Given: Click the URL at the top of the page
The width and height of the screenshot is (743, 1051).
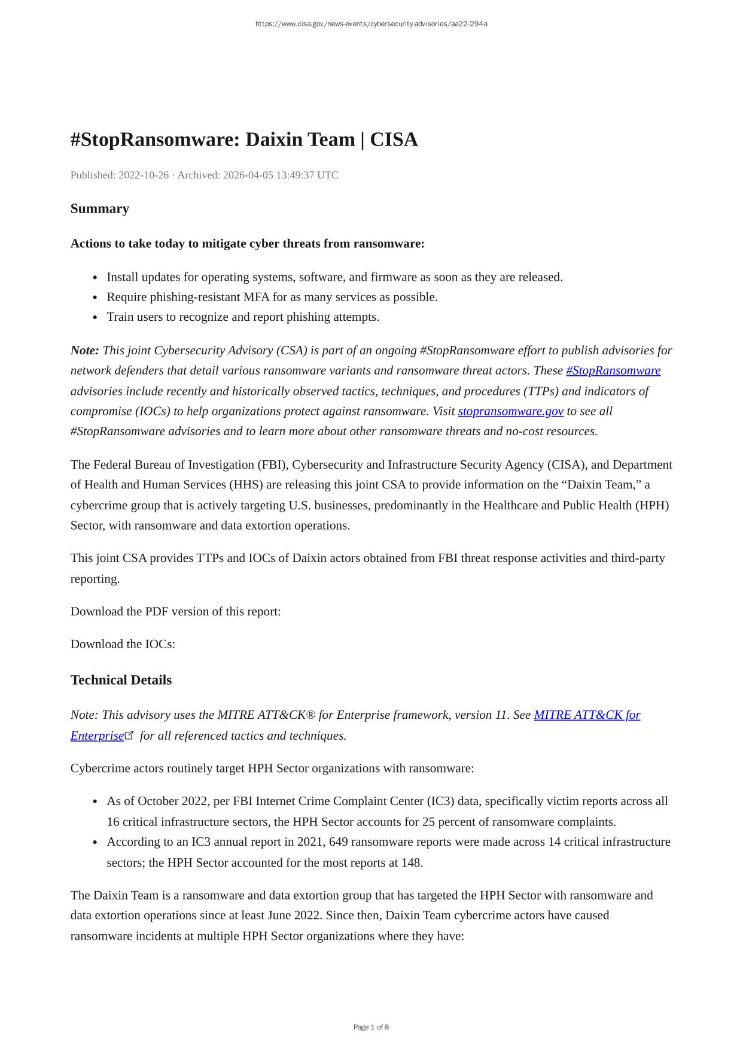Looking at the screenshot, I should point(371,24).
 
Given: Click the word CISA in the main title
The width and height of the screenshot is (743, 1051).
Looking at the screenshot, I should point(394,139).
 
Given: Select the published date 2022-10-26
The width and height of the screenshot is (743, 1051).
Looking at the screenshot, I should point(144,175).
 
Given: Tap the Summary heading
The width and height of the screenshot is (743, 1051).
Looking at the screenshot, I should point(100,209).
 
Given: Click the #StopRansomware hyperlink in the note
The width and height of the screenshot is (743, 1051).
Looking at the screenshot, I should point(613,370).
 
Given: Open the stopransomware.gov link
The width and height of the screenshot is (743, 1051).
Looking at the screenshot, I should point(510,411).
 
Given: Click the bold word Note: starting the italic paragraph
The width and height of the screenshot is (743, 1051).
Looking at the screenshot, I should point(85,350).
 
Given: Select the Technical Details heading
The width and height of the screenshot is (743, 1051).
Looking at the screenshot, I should point(121,681).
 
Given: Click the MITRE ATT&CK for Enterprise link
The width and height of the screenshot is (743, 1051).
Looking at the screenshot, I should point(586,715).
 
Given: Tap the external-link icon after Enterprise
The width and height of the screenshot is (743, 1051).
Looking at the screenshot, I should point(129,735).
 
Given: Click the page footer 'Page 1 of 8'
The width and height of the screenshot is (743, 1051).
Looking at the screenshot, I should point(371,1027).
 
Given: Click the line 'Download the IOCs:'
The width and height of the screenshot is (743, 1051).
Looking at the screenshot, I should point(123,644).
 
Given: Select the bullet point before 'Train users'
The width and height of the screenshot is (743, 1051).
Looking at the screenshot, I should point(96,318).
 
